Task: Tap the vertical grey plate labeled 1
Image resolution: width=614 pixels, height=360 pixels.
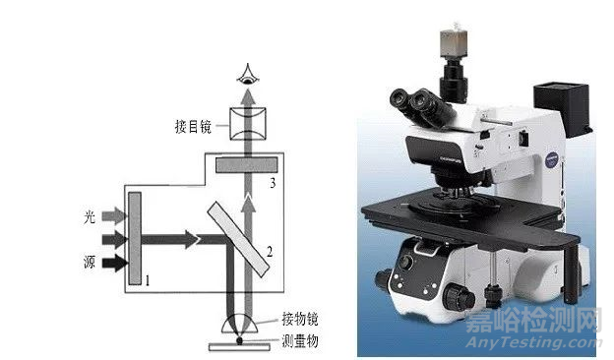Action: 135,238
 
